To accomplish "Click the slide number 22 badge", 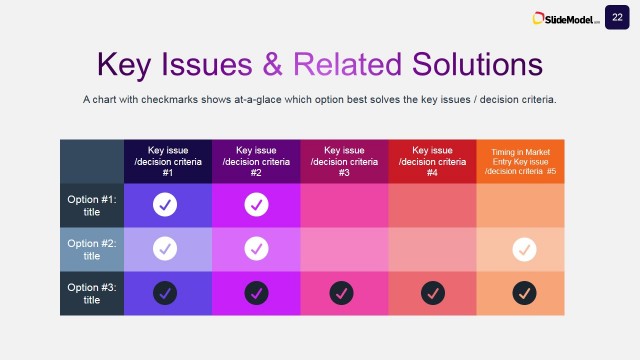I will click(x=617, y=17).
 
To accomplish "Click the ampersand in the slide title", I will click(x=272, y=64).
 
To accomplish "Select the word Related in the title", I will click(x=347, y=64).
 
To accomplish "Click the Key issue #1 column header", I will click(x=168, y=161).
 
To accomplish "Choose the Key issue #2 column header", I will click(x=256, y=161).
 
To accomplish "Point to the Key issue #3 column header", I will click(x=344, y=161).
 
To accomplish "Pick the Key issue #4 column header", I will click(x=432, y=161).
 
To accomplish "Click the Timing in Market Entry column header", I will click(x=520, y=161).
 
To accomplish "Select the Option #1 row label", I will click(x=92, y=205).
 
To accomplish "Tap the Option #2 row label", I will click(x=92, y=249).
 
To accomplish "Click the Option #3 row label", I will click(x=92, y=293).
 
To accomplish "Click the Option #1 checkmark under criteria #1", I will click(x=166, y=205).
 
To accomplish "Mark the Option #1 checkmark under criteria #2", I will click(x=256, y=205).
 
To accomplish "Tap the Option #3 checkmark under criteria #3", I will click(x=344, y=293).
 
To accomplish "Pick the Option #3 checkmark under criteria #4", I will click(x=432, y=293).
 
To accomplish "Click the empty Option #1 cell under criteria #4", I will click(x=432, y=205).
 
